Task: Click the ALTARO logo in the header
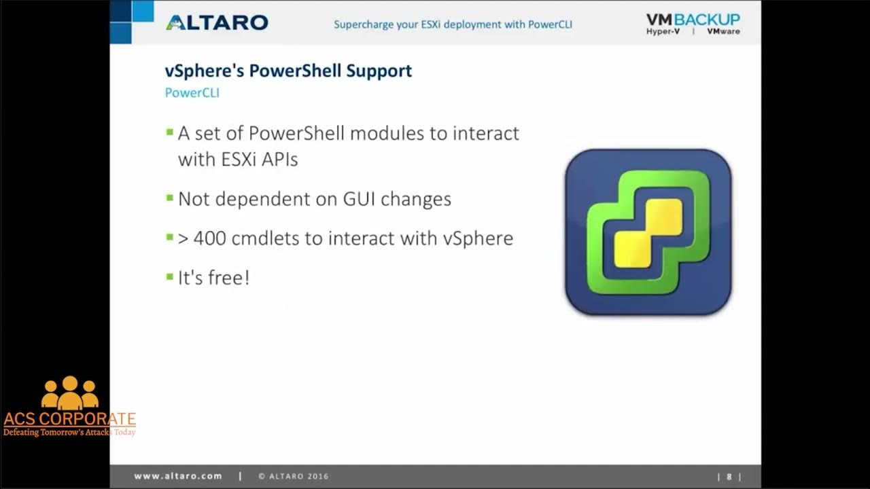(x=217, y=22)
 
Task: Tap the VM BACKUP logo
(x=693, y=20)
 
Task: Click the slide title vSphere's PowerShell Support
(x=288, y=71)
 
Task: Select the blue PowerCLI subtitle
(x=192, y=93)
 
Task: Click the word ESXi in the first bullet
(x=244, y=159)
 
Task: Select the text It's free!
(x=213, y=278)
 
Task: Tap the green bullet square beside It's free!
(x=170, y=276)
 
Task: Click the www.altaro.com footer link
(x=178, y=476)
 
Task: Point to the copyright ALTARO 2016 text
(x=293, y=476)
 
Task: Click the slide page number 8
(x=729, y=477)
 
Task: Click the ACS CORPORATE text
(x=69, y=418)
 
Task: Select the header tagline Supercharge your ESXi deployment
(x=453, y=24)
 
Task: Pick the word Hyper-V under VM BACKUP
(x=663, y=32)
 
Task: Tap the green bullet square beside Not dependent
(x=170, y=198)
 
